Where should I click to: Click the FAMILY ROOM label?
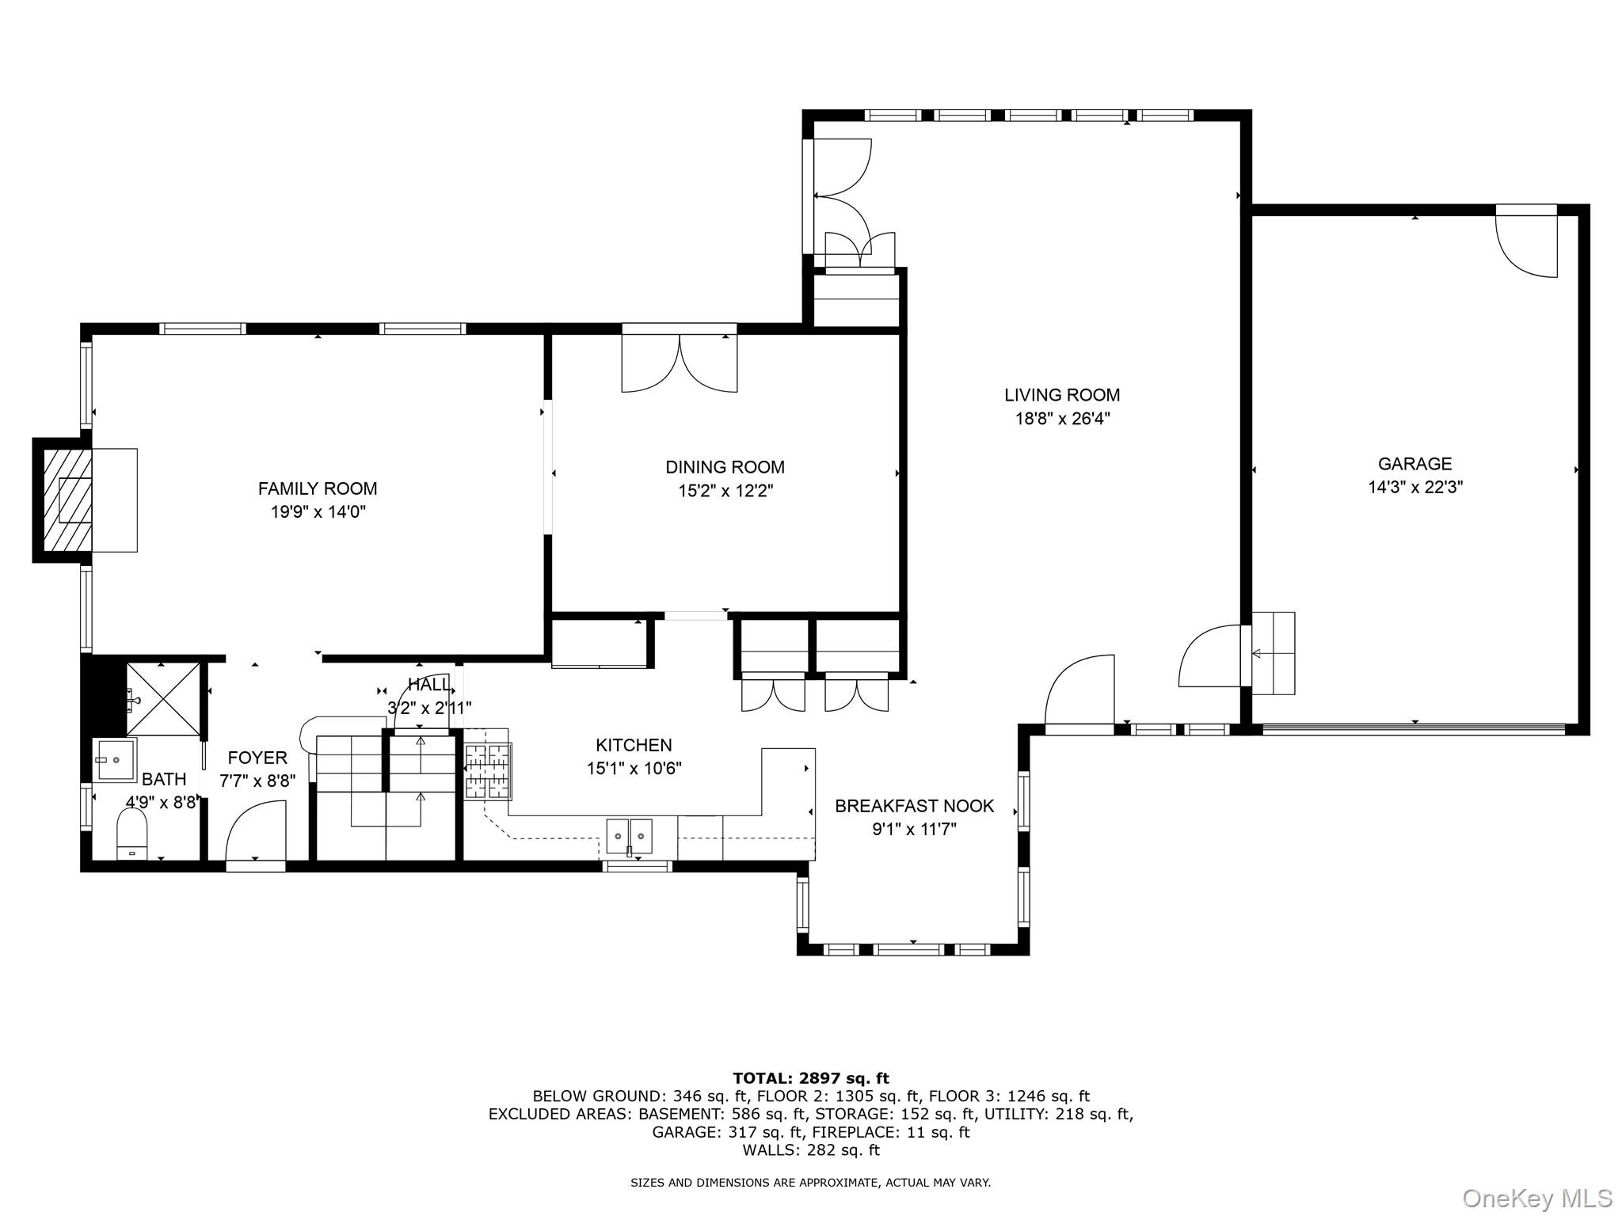(x=318, y=488)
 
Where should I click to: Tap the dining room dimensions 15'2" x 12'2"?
(x=725, y=491)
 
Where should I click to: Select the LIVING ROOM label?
(x=1062, y=394)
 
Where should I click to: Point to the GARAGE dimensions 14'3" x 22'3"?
(x=1414, y=487)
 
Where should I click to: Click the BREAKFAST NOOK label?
(x=914, y=806)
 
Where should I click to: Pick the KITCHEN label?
(x=634, y=745)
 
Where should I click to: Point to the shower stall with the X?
(x=163, y=699)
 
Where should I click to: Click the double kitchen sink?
(x=630, y=836)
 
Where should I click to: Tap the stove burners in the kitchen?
(x=487, y=770)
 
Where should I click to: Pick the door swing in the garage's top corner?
(x=1526, y=245)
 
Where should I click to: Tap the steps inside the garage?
(x=1272, y=653)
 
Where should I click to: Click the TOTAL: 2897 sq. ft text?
(x=810, y=1078)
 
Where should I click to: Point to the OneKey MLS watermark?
(x=1536, y=1198)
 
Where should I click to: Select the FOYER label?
(x=257, y=758)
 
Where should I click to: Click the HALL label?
(x=429, y=685)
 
